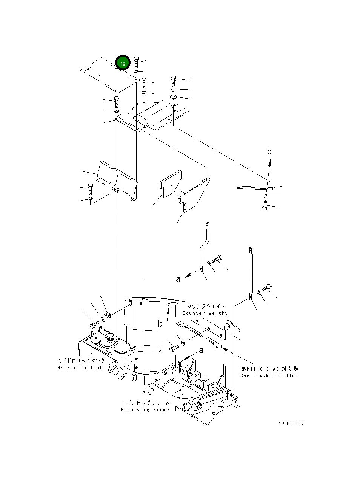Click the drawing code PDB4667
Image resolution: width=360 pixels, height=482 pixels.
coord(291,423)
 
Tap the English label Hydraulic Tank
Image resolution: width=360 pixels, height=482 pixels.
coord(80,368)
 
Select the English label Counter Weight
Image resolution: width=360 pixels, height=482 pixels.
coord(205,313)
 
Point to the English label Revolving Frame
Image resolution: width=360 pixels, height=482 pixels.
coord(145,409)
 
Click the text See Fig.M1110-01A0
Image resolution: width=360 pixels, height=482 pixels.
coord(269,375)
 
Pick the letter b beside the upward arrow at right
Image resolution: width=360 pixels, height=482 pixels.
coord(269,151)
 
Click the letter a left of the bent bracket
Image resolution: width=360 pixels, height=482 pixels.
coord(178,279)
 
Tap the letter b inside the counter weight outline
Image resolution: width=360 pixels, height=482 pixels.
coord(160,323)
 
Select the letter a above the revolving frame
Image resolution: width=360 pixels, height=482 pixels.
coord(201,350)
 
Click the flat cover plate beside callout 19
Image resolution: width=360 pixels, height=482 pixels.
coord(110,75)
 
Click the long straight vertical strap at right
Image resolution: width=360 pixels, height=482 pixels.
coord(251,273)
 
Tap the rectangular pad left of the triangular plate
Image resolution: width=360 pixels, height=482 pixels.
coord(171,184)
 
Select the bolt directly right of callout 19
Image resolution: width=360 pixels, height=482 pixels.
coord(136,62)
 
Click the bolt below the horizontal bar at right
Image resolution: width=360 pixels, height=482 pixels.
coord(265,205)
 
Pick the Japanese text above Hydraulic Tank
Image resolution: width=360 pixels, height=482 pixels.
coord(81,361)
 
